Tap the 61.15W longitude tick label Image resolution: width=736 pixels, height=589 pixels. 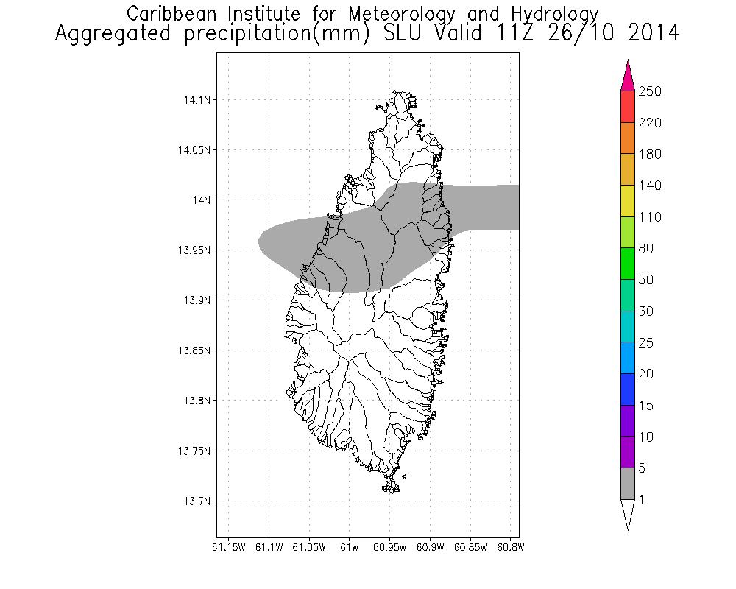coord(228,547)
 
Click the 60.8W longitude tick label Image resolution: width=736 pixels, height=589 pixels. coord(510,547)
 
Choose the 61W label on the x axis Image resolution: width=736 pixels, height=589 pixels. coord(350,547)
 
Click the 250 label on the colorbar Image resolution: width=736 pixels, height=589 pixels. coord(650,91)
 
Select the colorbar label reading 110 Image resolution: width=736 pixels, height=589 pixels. coord(650,217)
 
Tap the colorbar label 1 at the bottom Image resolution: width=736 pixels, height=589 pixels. coord(643,500)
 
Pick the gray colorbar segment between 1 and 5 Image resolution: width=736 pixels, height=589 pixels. coord(628,484)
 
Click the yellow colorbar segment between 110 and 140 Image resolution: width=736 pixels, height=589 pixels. coord(628,202)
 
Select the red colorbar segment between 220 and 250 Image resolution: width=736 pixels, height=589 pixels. coord(628,107)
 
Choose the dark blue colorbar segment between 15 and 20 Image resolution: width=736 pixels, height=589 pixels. coord(628,390)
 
